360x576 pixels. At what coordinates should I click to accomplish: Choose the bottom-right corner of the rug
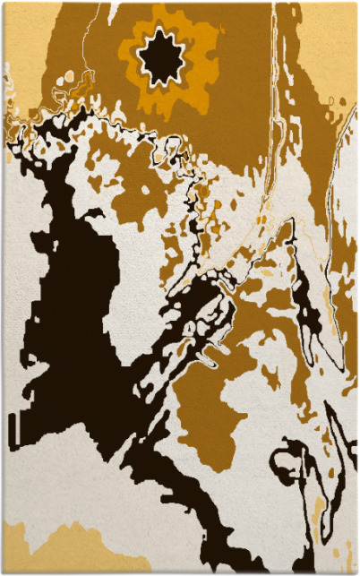[x=356, y=572]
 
